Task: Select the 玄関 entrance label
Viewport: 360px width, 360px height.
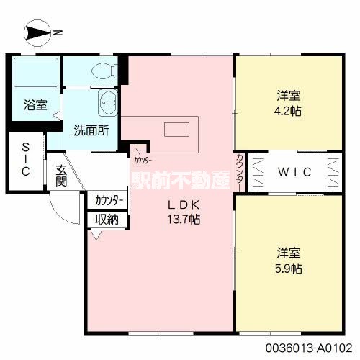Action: (63, 175)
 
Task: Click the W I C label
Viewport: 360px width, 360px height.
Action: (295, 174)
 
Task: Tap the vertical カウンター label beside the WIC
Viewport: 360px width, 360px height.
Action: (239, 173)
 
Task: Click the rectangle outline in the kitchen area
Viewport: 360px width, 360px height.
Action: (176, 130)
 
